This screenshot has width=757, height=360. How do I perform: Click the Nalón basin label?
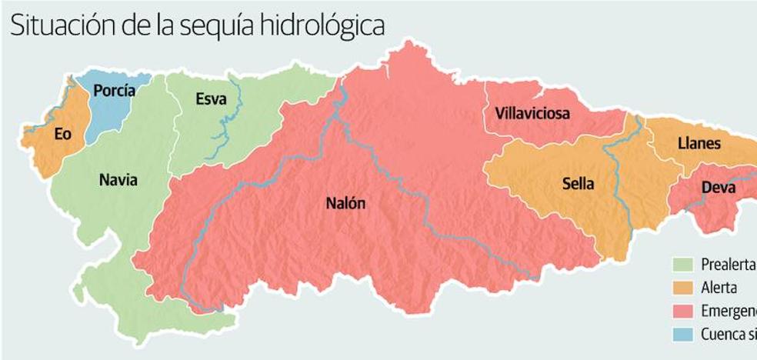click(345, 204)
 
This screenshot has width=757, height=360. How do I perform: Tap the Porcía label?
click(114, 92)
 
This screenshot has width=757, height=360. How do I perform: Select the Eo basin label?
click(63, 134)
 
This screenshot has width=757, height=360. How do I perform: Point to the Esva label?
click(211, 98)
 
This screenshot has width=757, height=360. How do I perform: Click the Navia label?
click(118, 181)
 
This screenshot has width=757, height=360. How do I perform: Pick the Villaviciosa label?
click(532, 114)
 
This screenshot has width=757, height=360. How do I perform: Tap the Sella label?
click(579, 184)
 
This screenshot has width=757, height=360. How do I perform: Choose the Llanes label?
click(699, 143)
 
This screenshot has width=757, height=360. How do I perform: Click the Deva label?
click(718, 188)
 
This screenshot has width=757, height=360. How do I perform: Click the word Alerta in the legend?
click(719, 288)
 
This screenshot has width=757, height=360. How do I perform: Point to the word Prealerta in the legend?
click(728, 265)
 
